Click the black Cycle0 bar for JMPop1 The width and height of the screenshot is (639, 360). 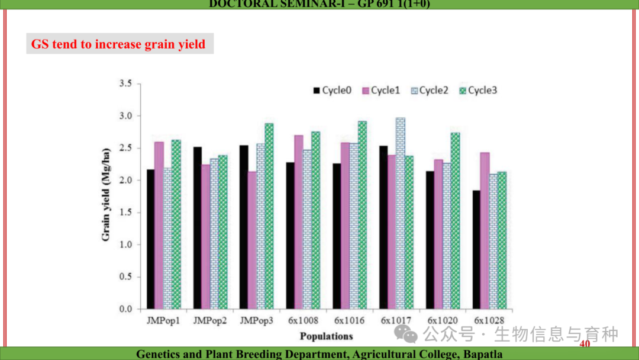150,239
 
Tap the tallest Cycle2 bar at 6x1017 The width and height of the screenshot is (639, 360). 401,213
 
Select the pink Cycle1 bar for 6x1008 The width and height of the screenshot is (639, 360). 299,222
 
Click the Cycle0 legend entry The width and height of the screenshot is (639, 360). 333,91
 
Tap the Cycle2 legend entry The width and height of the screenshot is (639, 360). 430,91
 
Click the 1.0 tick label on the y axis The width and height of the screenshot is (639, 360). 125,245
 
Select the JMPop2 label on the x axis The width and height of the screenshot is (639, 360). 209,320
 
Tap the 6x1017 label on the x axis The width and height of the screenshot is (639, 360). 396,320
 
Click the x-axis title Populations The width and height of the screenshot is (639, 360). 326,336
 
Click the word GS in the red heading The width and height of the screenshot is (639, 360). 40,44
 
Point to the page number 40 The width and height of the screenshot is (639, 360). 585,345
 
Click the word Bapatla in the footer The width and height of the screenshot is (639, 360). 482,354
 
